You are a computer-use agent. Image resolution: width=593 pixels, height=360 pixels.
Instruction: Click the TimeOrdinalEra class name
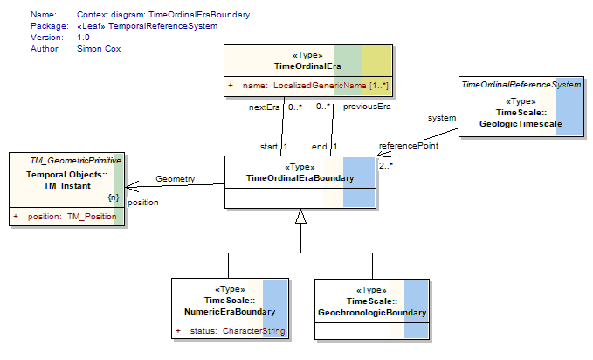[307, 66]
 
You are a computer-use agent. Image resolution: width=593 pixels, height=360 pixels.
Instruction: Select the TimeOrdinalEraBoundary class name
[300, 178]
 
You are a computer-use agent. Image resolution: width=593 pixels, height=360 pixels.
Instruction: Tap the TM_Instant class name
[67, 186]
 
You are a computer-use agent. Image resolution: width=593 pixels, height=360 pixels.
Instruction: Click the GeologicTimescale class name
[521, 124]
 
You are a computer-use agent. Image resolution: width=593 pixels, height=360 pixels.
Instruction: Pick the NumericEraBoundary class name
[230, 312]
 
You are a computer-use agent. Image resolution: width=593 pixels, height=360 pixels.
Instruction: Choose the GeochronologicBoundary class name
[372, 313]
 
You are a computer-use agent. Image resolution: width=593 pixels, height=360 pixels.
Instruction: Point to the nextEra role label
[264, 107]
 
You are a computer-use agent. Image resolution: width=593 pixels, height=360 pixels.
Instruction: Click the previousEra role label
[367, 107]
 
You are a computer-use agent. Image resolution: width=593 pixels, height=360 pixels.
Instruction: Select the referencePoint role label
[409, 146]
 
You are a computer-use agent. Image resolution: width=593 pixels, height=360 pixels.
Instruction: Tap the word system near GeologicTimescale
[442, 118]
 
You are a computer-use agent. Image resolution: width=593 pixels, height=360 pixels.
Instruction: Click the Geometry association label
[175, 178]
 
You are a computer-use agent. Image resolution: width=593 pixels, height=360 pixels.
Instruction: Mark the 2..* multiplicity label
[386, 165]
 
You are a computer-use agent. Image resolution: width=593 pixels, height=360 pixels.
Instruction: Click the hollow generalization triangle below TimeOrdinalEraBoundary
[300, 216]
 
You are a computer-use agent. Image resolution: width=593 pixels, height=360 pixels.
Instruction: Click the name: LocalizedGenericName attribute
[315, 86]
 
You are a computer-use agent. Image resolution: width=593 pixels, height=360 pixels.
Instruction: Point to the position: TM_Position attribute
[72, 217]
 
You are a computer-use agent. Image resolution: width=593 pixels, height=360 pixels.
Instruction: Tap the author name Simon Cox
[99, 49]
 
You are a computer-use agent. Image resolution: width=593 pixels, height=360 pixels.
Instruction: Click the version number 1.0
[83, 38]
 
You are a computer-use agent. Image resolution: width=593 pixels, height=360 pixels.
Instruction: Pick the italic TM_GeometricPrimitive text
[76, 161]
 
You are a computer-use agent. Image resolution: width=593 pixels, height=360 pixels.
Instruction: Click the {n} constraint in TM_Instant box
[114, 197]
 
